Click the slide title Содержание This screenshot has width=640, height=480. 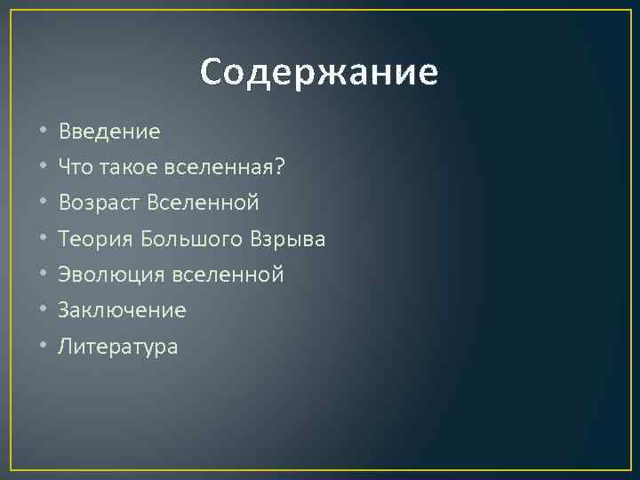point(319,72)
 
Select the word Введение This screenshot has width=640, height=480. point(109,132)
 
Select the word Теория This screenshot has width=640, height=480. point(93,239)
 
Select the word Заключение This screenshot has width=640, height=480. point(122,310)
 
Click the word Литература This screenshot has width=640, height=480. point(118,347)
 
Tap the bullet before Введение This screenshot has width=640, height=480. point(42,132)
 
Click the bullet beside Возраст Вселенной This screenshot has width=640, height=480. point(42,204)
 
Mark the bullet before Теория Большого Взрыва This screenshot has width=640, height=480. point(42,239)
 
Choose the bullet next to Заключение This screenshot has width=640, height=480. point(42,311)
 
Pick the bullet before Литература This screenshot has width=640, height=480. point(42,347)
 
